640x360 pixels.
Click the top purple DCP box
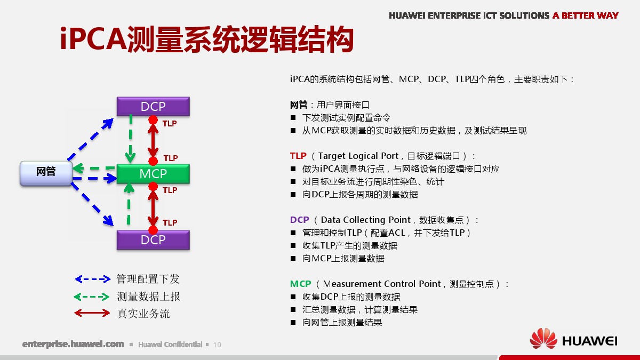coord(153,106)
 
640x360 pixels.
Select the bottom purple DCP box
coord(153,240)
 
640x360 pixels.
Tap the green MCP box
coord(153,173)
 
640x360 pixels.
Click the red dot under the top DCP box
coord(153,120)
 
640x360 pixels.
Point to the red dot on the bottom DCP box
coord(153,230)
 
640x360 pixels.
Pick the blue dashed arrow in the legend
coord(93,279)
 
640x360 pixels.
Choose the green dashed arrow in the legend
coord(92,297)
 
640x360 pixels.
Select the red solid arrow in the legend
coord(92,313)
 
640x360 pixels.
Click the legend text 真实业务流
coord(143,314)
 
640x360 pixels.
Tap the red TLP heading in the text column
coord(298,156)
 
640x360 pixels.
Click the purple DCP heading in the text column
coord(300,220)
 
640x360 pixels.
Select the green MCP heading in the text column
coord(301,284)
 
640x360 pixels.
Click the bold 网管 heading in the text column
coord(299,105)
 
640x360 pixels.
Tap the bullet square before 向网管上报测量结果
coord(293,322)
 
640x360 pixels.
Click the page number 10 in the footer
coord(217,345)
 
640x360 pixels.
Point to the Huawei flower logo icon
coord(543,339)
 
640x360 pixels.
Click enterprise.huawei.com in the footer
coord(73,344)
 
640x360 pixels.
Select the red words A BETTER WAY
coord(586,15)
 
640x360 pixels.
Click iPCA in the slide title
coord(93,38)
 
